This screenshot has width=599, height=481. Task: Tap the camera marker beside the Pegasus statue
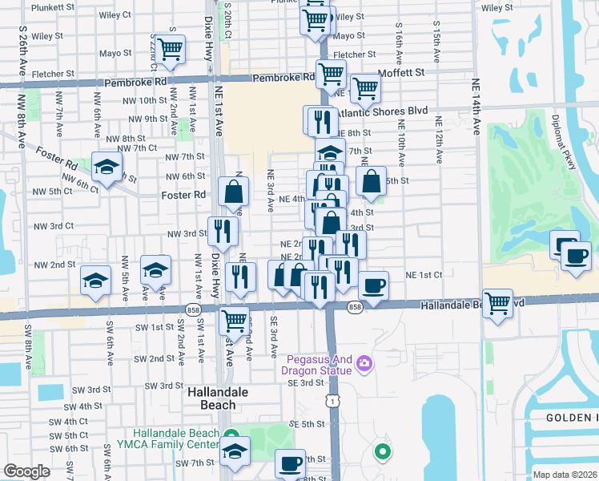click(x=364, y=364)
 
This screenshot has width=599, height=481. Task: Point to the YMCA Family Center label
click(x=176, y=439)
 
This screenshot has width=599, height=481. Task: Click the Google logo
click(x=27, y=471)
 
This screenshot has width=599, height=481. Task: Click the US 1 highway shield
click(x=331, y=399)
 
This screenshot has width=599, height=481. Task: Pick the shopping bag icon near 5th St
click(x=372, y=181)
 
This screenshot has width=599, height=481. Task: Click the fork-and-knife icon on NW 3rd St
click(x=223, y=231)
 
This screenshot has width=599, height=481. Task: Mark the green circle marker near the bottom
click(x=383, y=452)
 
